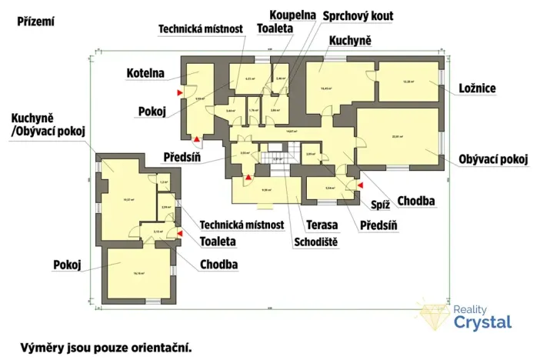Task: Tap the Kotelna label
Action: pyautogui.click(x=146, y=74)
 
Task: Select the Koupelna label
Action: pyautogui.click(x=293, y=15)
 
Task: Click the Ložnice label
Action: pyautogui.click(x=478, y=88)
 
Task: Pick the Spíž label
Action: pyautogui.click(x=381, y=204)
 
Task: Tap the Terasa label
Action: pyautogui.click(x=322, y=225)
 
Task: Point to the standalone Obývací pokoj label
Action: pyautogui.click(x=492, y=159)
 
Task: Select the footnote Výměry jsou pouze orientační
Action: pyautogui.click(x=105, y=347)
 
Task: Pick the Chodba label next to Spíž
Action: pyautogui.click(x=418, y=202)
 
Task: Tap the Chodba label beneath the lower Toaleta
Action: pyautogui.click(x=218, y=265)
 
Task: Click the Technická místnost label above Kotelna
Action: pyautogui.click(x=201, y=29)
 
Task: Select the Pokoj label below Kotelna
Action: pyautogui.click(x=152, y=111)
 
